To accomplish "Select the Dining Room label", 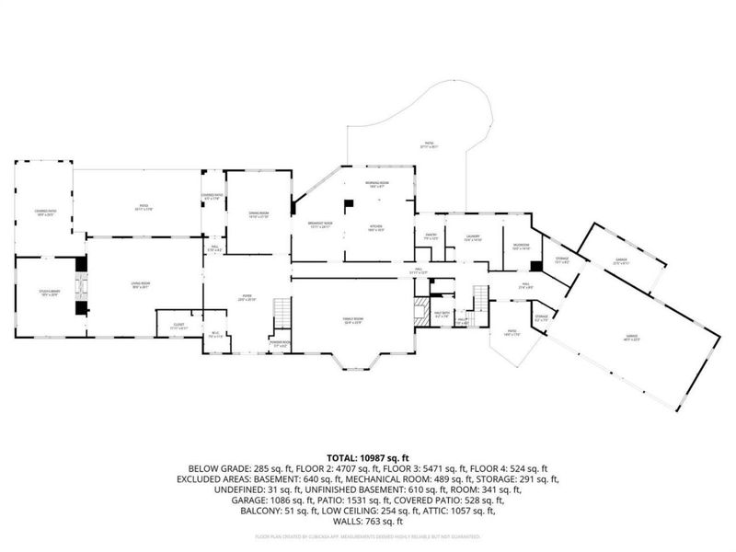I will tap(258, 215).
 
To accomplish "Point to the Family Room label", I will tap(354, 321).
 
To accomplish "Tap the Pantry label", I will tap(429, 237).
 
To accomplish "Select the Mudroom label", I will tap(521, 247).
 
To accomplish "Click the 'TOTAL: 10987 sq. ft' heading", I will tap(368, 457).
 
